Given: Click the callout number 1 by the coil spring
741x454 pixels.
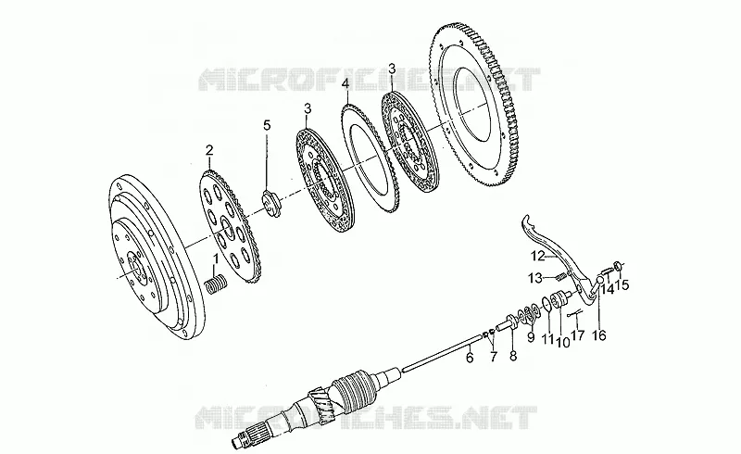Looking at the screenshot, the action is (216, 259).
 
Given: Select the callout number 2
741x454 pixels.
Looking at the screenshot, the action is (209, 151).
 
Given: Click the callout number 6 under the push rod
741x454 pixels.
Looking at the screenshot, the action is (470, 358).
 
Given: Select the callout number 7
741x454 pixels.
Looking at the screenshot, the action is (494, 357).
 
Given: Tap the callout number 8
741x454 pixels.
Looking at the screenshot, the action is (513, 355).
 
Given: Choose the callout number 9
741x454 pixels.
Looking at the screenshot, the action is (531, 337).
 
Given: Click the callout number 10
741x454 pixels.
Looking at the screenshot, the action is (563, 342).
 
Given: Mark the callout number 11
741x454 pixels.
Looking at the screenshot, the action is (547, 339).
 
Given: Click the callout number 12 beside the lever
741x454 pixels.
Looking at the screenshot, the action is (538, 257).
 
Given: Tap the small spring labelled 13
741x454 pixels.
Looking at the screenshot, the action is (560, 276).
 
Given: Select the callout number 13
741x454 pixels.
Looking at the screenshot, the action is (535, 279).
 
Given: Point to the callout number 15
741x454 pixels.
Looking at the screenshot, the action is (622, 284).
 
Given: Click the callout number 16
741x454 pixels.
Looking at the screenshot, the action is (599, 335).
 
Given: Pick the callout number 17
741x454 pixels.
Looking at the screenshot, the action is (578, 335).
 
